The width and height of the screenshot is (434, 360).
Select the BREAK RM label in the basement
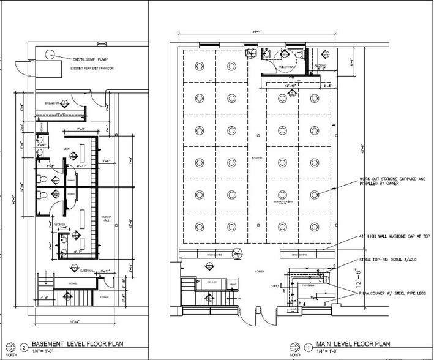tap(55, 103)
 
